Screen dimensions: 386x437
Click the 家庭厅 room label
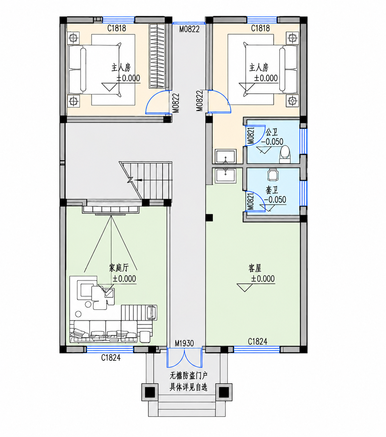click(119, 268)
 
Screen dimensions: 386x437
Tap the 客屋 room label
click(255, 268)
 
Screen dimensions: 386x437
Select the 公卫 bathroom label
click(272, 132)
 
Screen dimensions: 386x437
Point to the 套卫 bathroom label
click(272, 190)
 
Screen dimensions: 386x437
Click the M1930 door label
click(184, 343)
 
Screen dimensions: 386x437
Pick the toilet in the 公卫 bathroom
click(285, 154)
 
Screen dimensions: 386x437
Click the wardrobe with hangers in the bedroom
click(157, 56)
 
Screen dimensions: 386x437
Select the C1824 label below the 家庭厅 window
click(111, 358)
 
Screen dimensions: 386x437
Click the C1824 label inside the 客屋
click(258, 341)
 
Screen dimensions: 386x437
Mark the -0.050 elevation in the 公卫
click(272, 142)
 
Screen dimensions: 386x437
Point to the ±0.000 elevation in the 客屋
click(263, 279)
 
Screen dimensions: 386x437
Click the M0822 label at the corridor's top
click(189, 29)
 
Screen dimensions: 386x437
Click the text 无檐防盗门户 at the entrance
click(188, 376)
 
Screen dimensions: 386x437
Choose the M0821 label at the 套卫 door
click(250, 201)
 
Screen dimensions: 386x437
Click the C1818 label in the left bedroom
click(117, 28)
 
